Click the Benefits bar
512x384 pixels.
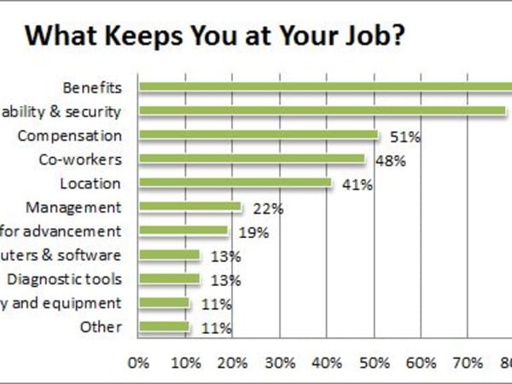324,86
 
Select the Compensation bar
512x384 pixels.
259,135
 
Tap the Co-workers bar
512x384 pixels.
252,159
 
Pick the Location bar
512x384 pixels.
235,183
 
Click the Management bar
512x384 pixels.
190,207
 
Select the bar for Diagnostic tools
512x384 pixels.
169,278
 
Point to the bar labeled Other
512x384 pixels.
164,326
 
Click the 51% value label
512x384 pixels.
400,137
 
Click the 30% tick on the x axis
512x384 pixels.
281,362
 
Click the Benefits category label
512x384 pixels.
92,87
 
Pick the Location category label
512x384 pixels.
90,183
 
